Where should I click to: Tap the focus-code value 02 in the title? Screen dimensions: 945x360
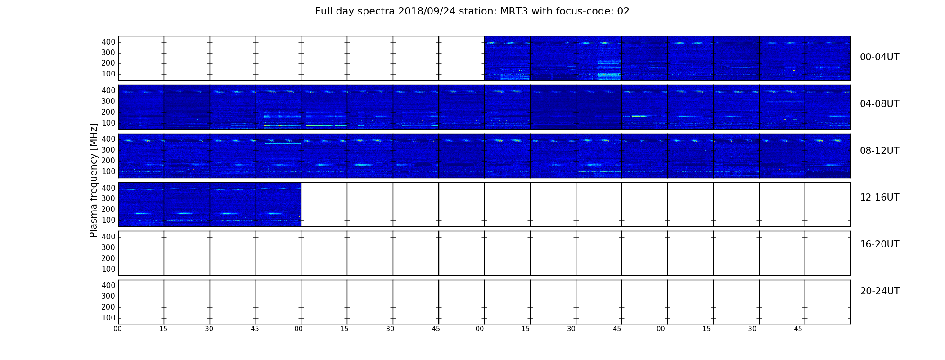coord(623,11)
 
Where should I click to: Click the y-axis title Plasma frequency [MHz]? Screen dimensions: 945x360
coord(94,180)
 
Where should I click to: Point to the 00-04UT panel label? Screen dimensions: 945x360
coord(880,57)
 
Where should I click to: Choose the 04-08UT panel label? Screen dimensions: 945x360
coord(880,104)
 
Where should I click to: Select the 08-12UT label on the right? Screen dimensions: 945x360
coord(880,151)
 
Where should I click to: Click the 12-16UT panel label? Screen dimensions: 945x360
coord(880,198)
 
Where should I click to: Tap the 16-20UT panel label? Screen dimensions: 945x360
coord(880,244)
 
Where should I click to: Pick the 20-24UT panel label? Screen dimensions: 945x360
coord(880,291)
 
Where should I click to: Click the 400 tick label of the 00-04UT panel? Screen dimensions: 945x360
coord(108,42)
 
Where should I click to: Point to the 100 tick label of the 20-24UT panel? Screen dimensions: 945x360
coord(108,318)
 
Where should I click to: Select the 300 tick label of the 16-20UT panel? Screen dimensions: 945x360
coord(108,247)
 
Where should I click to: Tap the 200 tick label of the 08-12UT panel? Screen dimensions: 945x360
coord(108,161)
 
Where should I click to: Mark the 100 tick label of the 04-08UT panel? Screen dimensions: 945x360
coord(108,123)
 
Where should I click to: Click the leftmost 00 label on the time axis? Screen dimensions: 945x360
coord(117,329)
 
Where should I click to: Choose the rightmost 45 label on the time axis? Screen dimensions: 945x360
coord(798,329)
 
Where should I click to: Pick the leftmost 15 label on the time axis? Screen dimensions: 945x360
coord(163,329)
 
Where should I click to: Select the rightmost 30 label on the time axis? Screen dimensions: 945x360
coord(752,329)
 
